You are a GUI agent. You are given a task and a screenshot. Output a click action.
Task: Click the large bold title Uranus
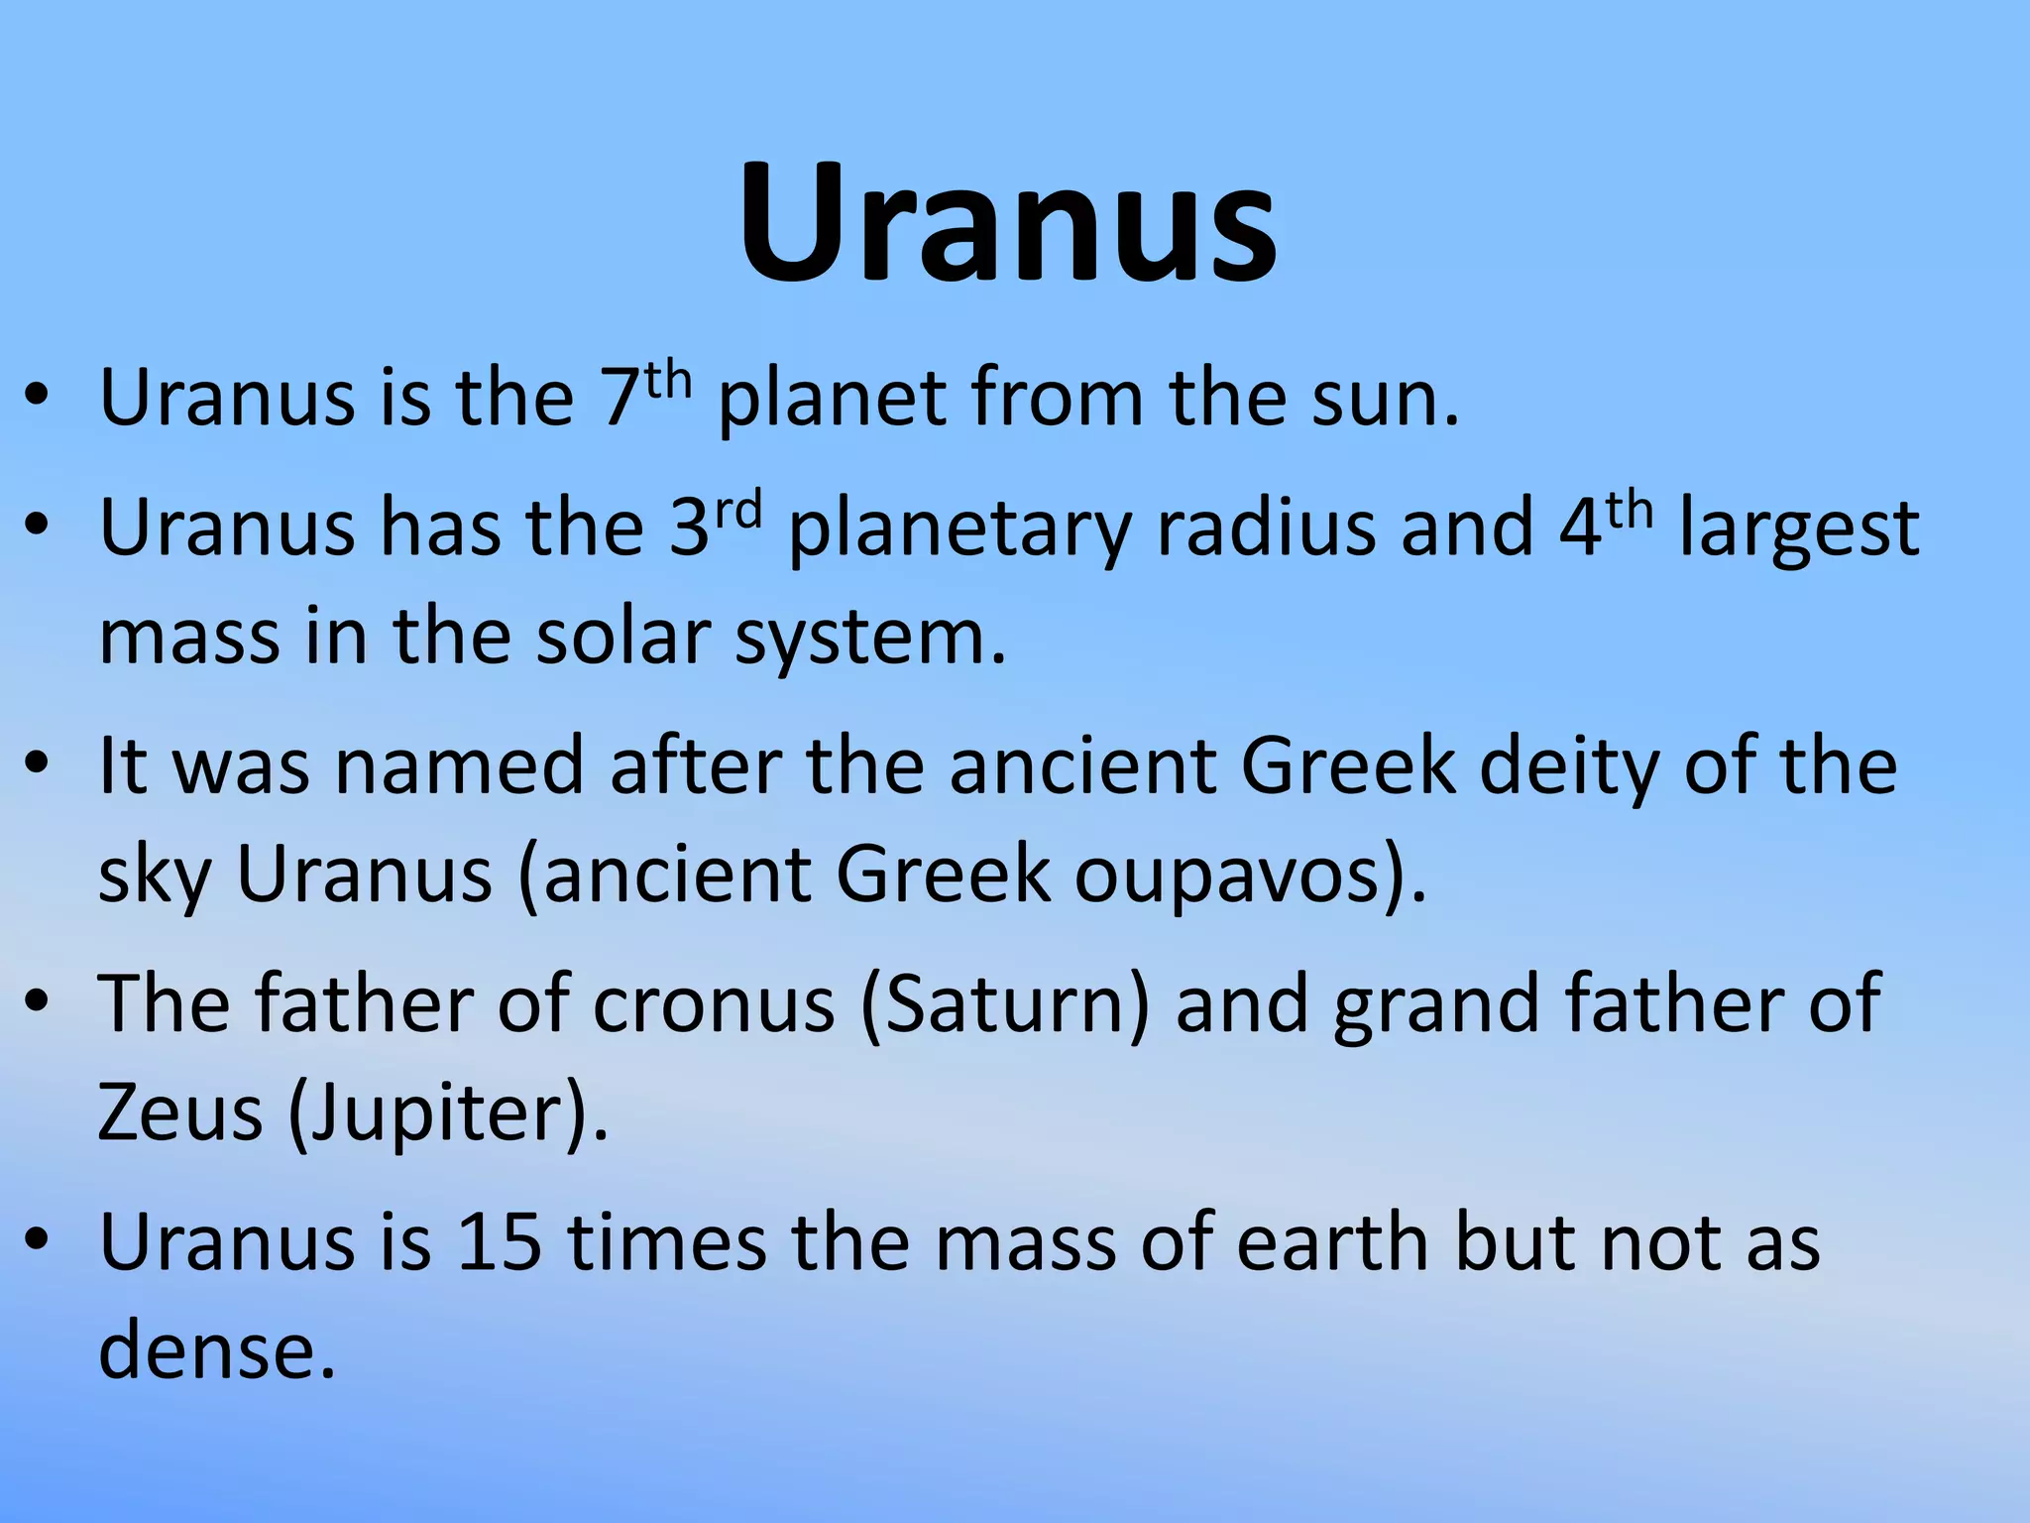1008,223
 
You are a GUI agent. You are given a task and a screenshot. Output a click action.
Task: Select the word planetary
959,530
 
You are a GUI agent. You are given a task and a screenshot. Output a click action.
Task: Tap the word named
459,766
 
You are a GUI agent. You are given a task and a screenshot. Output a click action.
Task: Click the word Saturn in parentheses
1005,1004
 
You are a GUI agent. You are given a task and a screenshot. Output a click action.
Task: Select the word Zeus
180,1113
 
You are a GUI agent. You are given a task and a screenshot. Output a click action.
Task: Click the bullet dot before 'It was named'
38,766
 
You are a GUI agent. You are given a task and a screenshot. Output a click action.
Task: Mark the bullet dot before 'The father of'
38,1003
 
